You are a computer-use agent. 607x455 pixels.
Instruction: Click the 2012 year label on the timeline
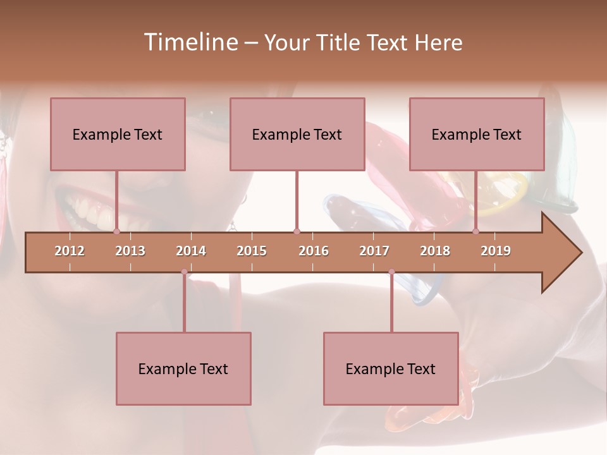70,251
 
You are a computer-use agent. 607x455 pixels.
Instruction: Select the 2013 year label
130,251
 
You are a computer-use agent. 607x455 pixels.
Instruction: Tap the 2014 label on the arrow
191,251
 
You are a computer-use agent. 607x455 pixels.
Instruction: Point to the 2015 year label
252,251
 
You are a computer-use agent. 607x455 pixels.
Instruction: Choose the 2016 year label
314,251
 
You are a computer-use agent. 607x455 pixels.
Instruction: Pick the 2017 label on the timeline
374,251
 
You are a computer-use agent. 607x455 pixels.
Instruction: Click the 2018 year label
435,251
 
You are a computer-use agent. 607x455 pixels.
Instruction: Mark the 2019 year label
496,251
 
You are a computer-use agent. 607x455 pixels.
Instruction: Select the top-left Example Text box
118,134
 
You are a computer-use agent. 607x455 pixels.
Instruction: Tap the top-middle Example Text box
297,134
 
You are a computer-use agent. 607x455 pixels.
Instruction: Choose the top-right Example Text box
477,134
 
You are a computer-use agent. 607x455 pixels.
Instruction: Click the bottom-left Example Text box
183,368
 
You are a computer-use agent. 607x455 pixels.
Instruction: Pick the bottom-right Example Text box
391,368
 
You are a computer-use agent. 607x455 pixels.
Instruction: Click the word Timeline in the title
190,42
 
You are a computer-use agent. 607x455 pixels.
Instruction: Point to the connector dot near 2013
117,232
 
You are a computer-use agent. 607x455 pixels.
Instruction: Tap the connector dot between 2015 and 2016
297,232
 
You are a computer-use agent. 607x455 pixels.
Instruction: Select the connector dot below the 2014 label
184,272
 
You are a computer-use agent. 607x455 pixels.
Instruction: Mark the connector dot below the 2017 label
391,272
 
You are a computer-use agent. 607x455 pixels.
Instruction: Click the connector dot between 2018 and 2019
476,232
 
